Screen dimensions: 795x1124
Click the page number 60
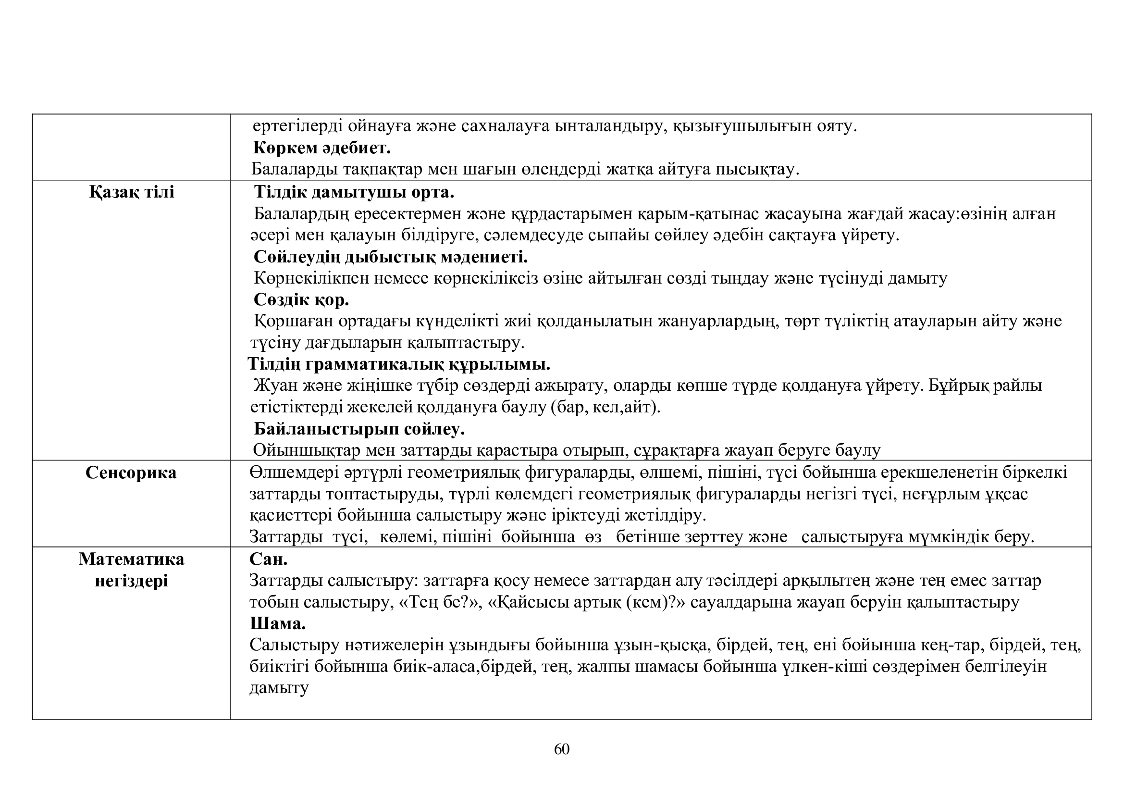tap(561, 749)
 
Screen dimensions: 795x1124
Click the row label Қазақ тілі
tap(132, 192)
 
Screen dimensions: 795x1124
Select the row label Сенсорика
tap(131, 473)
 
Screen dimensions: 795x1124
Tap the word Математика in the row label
tap(131, 559)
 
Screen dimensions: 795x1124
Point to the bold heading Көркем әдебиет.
tap(321, 148)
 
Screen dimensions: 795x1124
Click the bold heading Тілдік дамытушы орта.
tap(354, 192)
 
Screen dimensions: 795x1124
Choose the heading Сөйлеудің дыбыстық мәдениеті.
tap(390, 257)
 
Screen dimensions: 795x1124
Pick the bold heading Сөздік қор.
tap(301, 299)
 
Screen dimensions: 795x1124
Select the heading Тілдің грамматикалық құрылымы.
tap(399, 364)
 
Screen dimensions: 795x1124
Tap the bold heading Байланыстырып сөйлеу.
tap(359, 429)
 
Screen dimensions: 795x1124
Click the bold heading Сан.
tap(268, 559)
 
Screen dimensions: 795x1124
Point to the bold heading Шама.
tap(278, 624)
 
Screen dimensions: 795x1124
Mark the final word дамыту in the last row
tap(279, 688)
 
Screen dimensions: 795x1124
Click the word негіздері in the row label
tap(131, 581)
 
